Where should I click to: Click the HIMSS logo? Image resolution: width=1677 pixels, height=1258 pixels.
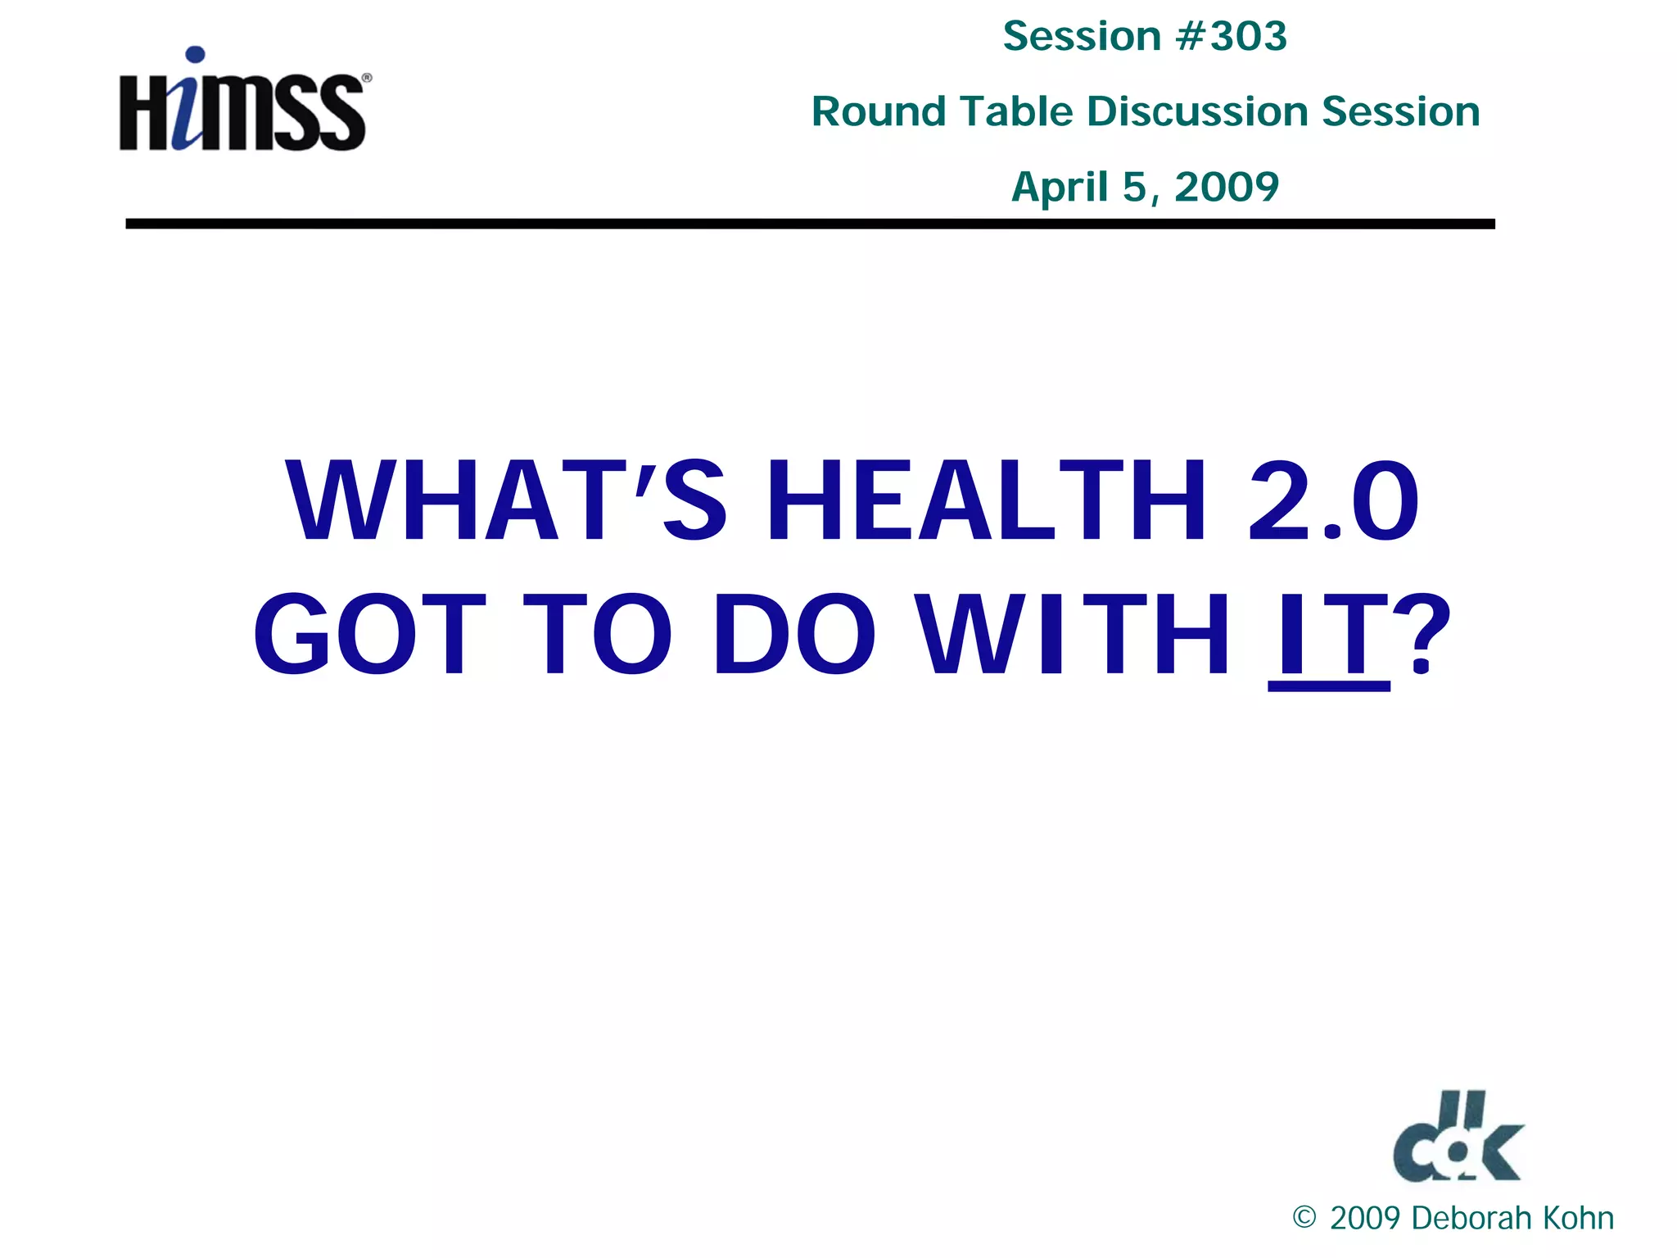pos(243,102)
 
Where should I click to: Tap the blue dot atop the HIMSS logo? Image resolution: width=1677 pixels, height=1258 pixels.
pos(195,56)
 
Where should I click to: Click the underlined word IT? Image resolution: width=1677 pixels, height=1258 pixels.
pos(1328,636)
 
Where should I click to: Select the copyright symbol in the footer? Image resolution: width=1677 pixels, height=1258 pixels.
pos(1304,1218)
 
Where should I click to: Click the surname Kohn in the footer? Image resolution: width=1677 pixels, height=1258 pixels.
pos(1577,1219)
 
